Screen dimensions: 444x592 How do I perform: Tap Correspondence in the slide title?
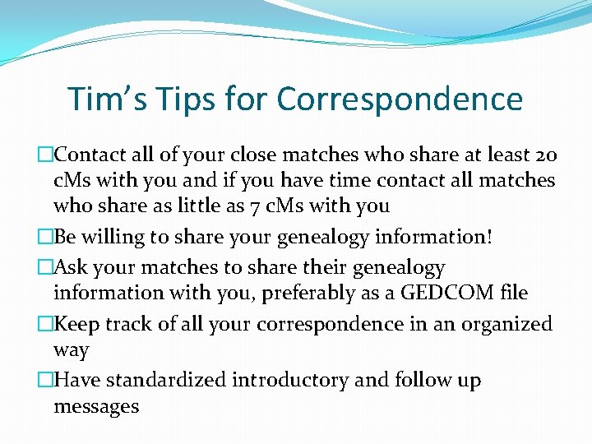coord(400,99)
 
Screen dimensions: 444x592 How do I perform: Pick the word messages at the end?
coord(96,405)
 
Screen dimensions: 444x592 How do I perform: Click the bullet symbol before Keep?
coord(46,324)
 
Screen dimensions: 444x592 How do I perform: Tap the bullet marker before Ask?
coord(46,267)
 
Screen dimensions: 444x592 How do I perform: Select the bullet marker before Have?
coord(46,380)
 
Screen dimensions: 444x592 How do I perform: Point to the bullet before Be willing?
coord(46,237)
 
